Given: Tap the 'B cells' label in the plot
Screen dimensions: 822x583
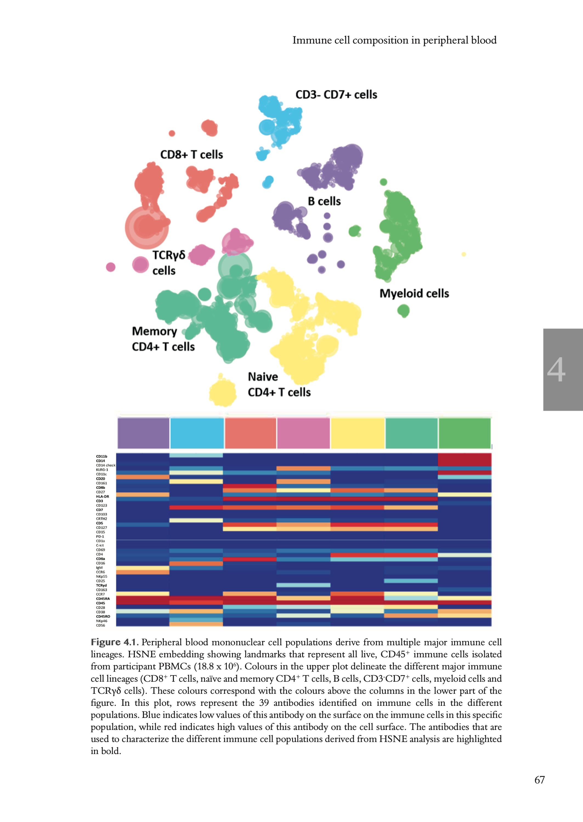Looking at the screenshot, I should tap(324, 201).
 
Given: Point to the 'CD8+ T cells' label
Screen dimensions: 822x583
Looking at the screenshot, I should tap(191, 155).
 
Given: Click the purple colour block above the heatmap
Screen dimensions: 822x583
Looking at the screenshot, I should tap(143, 433).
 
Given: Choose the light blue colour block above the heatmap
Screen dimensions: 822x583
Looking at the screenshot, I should tap(197, 433).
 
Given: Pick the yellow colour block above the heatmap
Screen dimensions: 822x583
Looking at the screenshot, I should tap(357, 433).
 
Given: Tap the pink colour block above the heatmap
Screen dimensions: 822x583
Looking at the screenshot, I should tap(303, 433).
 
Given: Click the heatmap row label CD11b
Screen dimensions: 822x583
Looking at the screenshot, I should tap(101, 456).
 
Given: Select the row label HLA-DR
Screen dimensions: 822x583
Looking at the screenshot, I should tap(102, 496).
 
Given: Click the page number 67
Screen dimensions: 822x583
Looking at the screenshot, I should tap(539, 780).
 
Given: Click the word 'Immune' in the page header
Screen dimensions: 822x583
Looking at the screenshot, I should tap(311, 40).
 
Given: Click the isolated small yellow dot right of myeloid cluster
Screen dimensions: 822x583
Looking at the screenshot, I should tap(463, 254).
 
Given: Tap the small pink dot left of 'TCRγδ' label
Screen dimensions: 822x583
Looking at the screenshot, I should tap(111, 267).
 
